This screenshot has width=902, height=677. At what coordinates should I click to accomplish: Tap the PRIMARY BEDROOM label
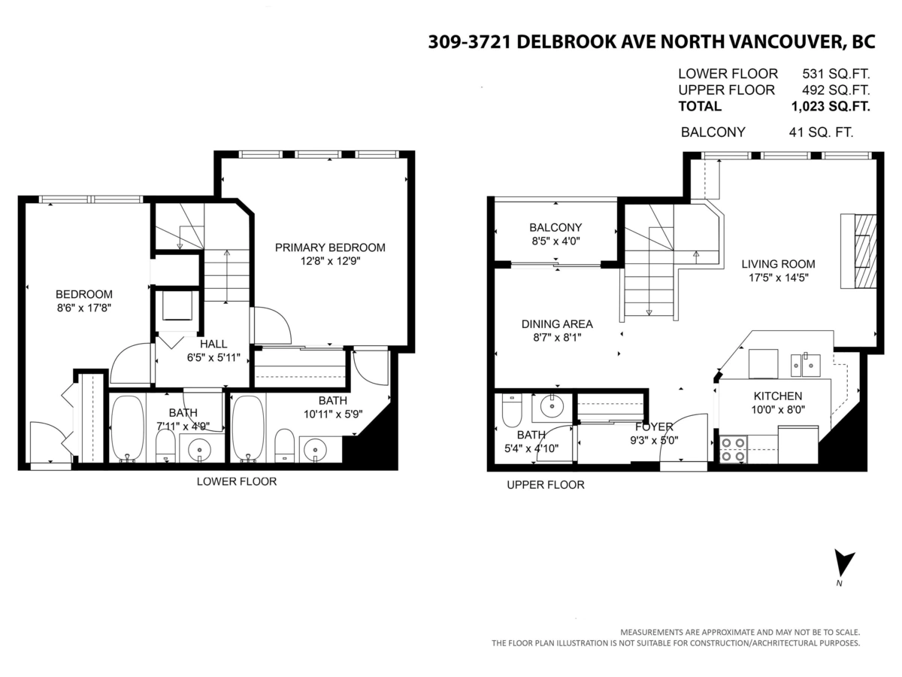pyautogui.click(x=330, y=247)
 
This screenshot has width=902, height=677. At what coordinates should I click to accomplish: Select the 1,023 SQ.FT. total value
pyautogui.click(x=830, y=106)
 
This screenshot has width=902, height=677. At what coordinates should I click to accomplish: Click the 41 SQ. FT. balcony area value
pyautogui.click(x=821, y=132)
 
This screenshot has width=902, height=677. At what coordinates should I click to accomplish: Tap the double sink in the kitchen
pyautogui.click(x=805, y=364)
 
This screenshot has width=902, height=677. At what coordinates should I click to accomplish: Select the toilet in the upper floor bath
pyautogui.click(x=511, y=410)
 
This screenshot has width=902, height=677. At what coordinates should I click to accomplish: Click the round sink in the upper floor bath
pyautogui.click(x=552, y=407)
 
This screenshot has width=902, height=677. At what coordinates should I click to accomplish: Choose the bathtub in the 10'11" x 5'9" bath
pyautogui.click(x=248, y=427)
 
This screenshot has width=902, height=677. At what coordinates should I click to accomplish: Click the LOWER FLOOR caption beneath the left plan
pyautogui.click(x=237, y=481)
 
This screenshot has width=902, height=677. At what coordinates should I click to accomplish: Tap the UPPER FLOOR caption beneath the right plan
pyautogui.click(x=545, y=485)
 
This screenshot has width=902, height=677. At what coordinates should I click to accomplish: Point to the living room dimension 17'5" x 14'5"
pyautogui.click(x=778, y=277)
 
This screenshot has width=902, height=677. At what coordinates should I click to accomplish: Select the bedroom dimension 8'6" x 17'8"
pyautogui.click(x=84, y=308)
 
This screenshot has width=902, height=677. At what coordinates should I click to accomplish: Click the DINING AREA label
pyautogui.click(x=557, y=324)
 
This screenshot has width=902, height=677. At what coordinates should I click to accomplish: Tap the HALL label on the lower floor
pyautogui.click(x=213, y=344)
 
